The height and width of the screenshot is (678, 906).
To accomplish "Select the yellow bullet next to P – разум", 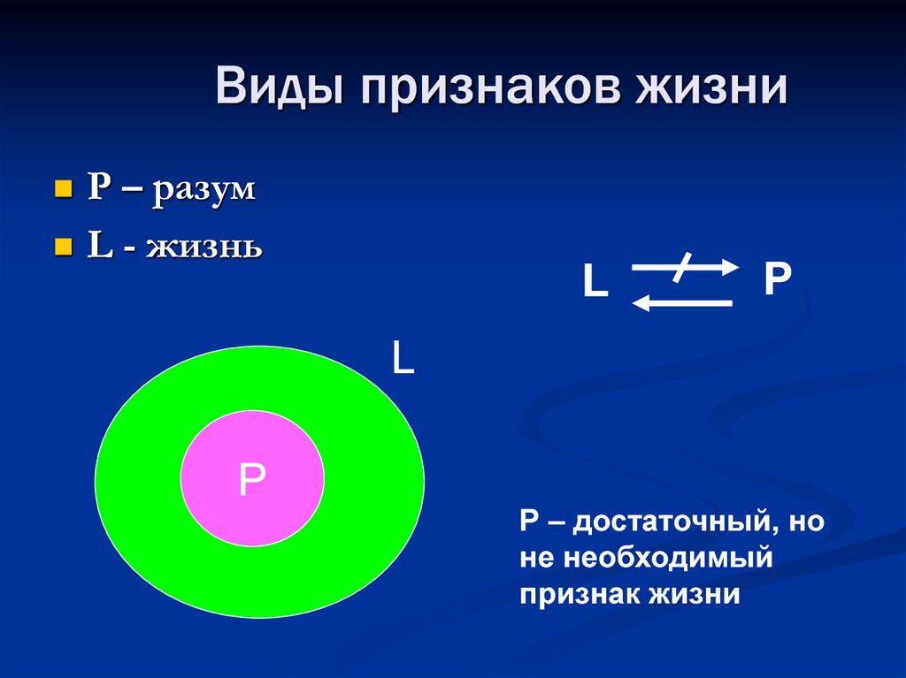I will (x=63, y=190).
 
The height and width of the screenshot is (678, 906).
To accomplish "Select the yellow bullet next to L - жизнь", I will (x=63, y=246).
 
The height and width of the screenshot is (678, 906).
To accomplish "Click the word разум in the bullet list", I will (x=203, y=192).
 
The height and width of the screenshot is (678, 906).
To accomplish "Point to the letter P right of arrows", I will (x=777, y=279).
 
